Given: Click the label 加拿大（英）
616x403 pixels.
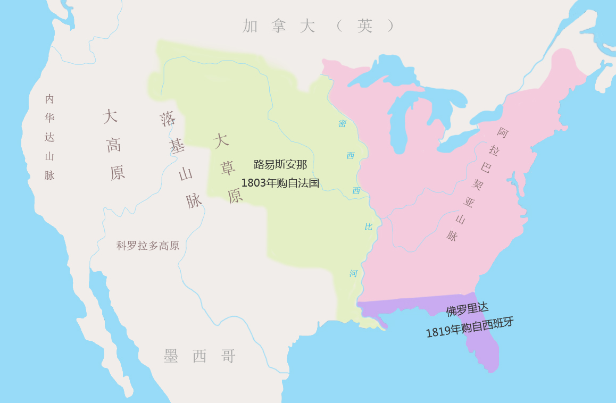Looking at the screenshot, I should coord(318,26).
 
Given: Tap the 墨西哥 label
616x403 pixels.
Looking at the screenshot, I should coord(199,356).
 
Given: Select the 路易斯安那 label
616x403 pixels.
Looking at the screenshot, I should coord(280,164).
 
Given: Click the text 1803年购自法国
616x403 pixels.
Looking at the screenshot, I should coord(280,183).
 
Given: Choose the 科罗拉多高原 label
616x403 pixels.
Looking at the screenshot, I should coord(148,246).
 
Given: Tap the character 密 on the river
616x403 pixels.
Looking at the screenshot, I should coord(343,124).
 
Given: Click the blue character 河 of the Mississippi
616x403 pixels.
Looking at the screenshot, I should coord(354,274).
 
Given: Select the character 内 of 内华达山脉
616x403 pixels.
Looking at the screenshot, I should coord(49,99).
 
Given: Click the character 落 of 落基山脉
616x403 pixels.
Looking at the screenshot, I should coord(168,119).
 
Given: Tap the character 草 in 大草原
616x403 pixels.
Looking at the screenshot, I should coord(228,169).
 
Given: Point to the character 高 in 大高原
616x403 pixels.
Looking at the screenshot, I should coord(113,145).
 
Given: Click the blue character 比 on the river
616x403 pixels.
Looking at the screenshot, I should coord(368,227).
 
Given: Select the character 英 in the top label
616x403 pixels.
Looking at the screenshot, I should coord(365,26).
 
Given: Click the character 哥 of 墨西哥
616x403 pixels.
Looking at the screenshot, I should coord(228,356).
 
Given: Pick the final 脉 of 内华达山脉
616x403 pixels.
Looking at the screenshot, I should coord(49,175).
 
